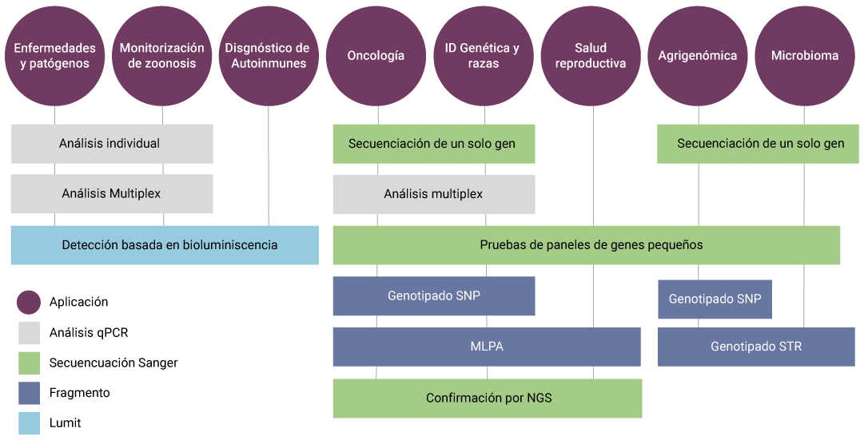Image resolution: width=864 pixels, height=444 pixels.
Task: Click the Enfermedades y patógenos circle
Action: [x=55, y=56]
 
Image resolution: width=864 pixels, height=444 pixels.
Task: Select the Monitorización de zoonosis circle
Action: [x=162, y=56]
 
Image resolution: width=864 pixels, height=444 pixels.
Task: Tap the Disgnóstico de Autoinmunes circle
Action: [x=268, y=56]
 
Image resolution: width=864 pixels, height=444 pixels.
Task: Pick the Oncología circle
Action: [x=376, y=56]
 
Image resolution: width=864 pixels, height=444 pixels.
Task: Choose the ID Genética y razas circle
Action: [x=482, y=56]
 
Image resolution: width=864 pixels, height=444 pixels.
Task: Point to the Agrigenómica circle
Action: [x=698, y=56]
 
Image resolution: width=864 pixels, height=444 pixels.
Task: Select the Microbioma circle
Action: [x=805, y=56]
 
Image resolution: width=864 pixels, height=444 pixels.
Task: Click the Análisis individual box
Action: [x=112, y=144]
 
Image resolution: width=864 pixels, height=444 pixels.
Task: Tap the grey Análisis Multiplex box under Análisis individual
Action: [x=112, y=194]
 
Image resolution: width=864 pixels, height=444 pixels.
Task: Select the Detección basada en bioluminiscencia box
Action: [x=165, y=245]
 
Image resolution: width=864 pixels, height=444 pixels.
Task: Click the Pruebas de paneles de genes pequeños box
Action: [x=587, y=245]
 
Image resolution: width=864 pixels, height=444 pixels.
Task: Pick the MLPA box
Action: [x=487, y=347]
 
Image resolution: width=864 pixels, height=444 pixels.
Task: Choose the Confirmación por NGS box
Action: [x=488, y=398]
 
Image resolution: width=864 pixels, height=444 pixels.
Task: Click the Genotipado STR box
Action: [x=756, y=347]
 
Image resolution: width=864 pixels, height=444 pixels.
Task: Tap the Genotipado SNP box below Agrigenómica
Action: [x=715, y=299]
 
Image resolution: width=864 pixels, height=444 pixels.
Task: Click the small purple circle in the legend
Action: [x=29, y=303]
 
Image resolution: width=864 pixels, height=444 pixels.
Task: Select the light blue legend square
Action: [x=29, y=423]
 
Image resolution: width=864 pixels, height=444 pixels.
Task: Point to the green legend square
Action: [x=29, y=363]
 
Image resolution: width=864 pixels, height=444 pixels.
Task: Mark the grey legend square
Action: [x=29, y=333]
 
